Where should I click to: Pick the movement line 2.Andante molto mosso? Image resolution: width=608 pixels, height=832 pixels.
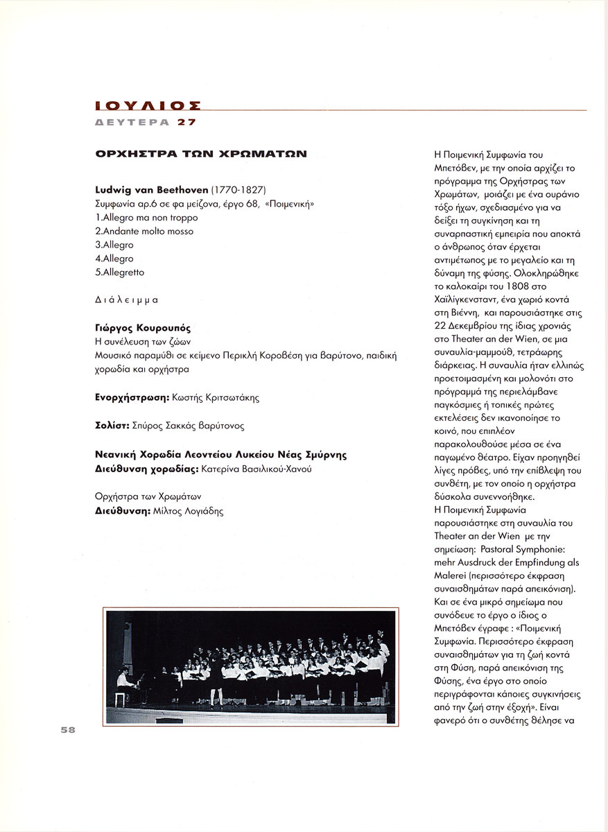[144, 232]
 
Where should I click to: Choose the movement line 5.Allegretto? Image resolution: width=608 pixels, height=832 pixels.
[120, 272]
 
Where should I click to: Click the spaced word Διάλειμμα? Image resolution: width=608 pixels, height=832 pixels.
[126, 300]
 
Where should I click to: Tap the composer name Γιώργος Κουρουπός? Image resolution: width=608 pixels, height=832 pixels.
[142, 328]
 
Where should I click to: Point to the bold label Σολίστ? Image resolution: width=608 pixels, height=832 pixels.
[110, 426]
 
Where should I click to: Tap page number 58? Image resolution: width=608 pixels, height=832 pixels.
[68, 730]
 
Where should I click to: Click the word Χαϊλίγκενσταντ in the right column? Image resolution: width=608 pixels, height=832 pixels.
[468, 300]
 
